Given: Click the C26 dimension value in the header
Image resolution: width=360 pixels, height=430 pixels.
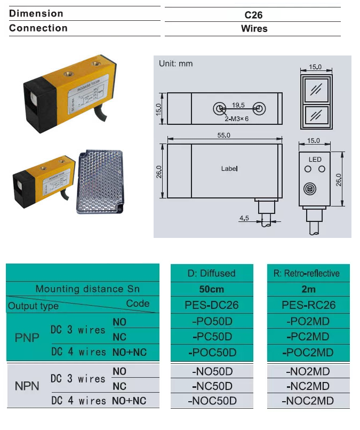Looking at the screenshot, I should pos(253,14).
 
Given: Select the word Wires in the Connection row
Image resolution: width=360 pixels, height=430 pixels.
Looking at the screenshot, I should pos(254,29).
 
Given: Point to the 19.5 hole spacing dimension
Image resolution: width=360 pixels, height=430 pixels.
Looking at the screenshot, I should pos(238,105).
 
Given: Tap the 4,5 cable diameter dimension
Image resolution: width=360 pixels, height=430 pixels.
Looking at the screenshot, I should pos(244,218).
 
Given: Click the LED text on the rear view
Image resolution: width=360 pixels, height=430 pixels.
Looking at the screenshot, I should pos(315,160).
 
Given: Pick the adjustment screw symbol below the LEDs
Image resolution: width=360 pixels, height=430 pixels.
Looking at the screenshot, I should pos(309,189).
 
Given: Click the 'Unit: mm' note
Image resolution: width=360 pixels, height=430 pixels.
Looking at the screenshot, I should pos(176,64).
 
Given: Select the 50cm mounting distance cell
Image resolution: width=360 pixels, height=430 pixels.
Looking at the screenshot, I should pos(211,289).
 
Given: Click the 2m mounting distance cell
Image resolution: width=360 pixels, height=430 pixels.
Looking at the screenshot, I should pos(308,289).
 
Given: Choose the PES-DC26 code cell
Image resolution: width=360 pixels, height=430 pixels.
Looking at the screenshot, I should pos(211,305).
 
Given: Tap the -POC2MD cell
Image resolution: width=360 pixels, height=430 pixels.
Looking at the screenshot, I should pos(308,353).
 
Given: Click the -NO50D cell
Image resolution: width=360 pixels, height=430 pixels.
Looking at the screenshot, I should pos(211,371).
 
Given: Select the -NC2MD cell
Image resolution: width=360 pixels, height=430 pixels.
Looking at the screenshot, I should pos(308,386).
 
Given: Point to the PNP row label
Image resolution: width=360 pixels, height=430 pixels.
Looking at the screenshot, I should pos(27,338).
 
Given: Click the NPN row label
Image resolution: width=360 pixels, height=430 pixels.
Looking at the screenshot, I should pos(27,386).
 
